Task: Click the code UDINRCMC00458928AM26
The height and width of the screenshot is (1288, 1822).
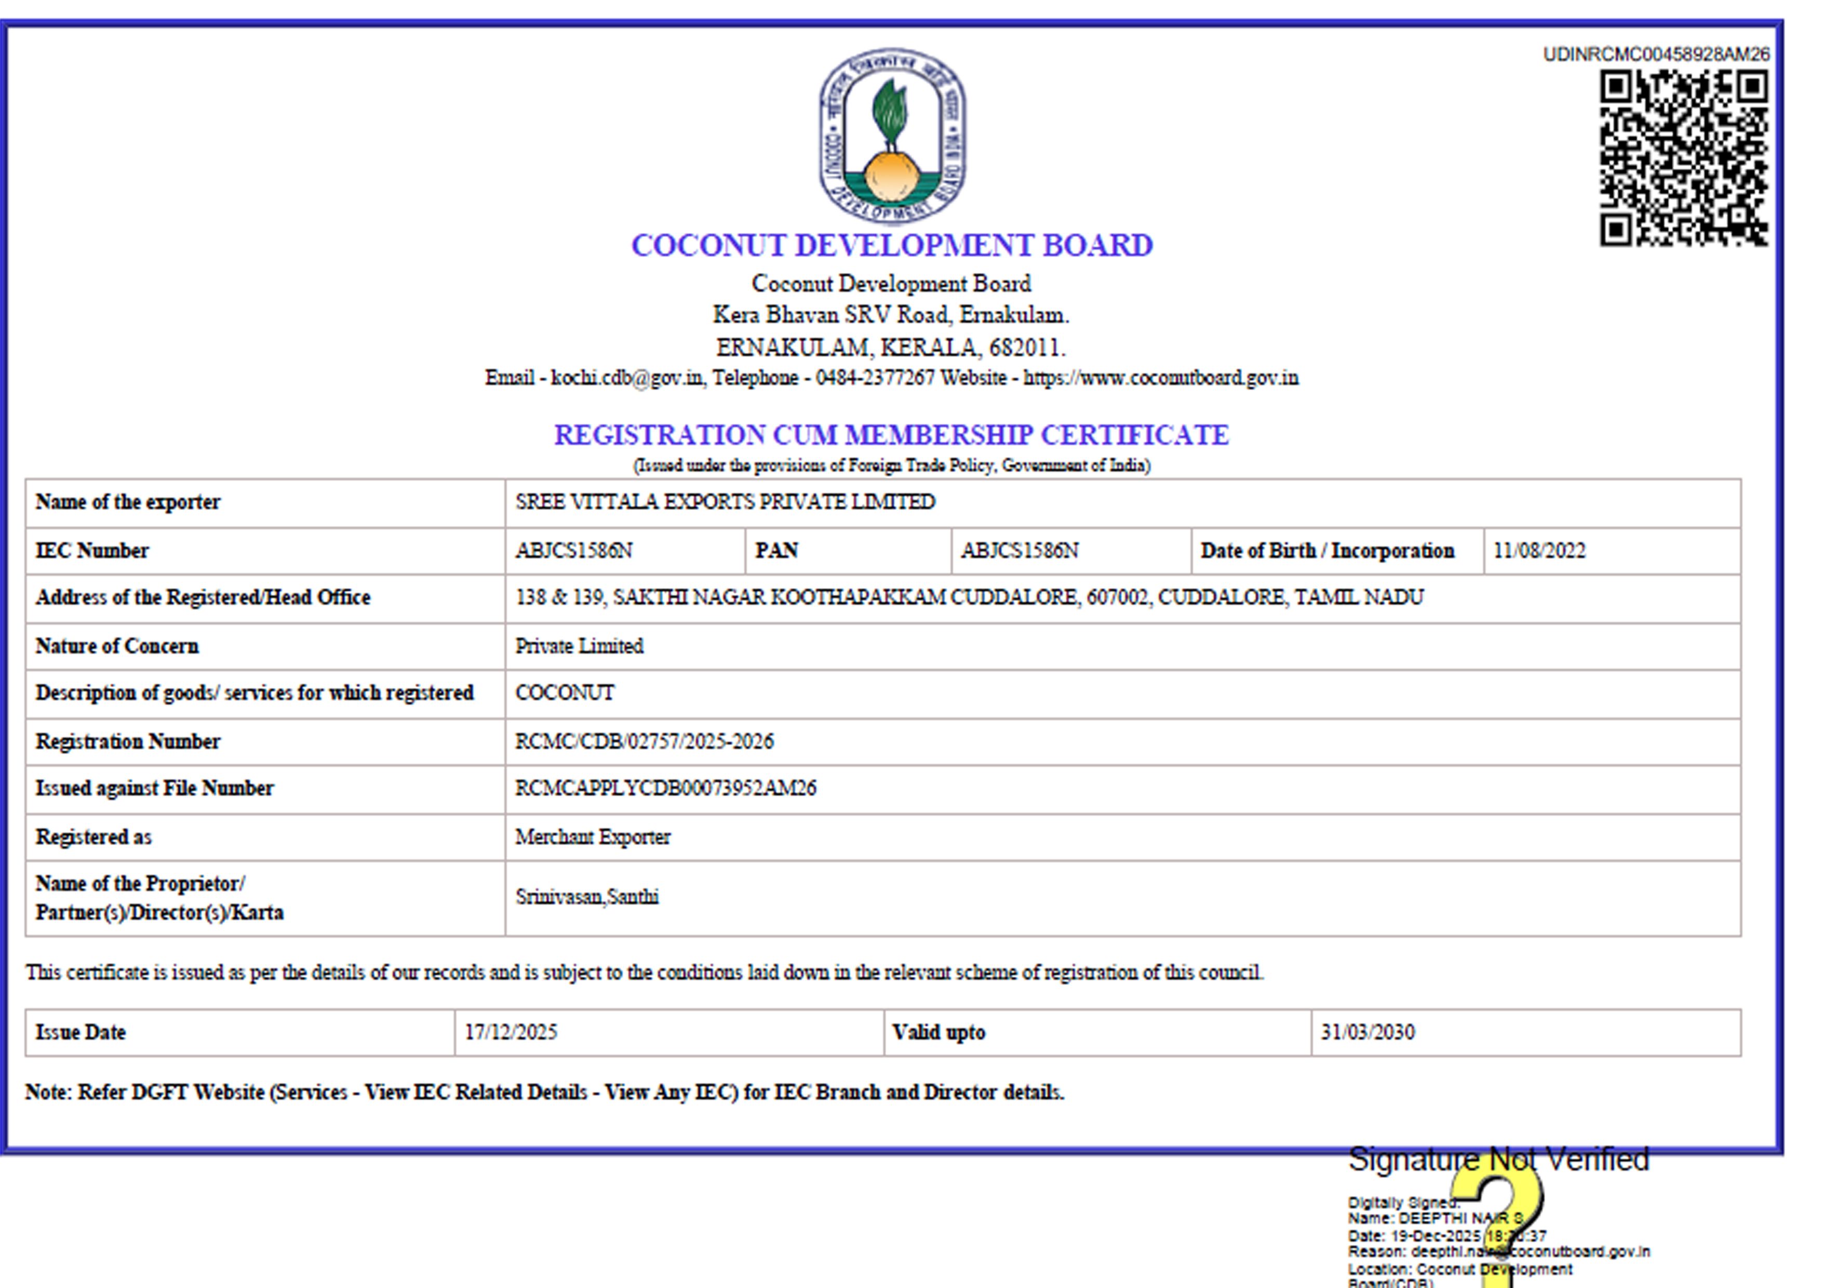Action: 1655,54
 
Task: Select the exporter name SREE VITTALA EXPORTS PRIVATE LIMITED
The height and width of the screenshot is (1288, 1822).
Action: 725,502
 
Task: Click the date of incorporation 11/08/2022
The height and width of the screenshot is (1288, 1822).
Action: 1539,551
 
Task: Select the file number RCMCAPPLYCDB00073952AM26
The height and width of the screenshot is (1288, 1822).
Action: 665,788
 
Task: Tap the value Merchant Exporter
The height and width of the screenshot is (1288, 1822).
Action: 593,837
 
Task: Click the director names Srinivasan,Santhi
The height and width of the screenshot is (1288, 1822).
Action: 586,897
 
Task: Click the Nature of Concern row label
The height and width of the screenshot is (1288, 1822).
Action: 117,646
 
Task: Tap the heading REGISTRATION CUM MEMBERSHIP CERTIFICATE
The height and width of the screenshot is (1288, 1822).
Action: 891,435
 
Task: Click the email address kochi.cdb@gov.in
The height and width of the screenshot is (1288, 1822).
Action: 627,378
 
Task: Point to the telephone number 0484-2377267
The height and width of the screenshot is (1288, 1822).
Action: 875,378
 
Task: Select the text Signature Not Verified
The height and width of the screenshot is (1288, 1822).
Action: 1498,1160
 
